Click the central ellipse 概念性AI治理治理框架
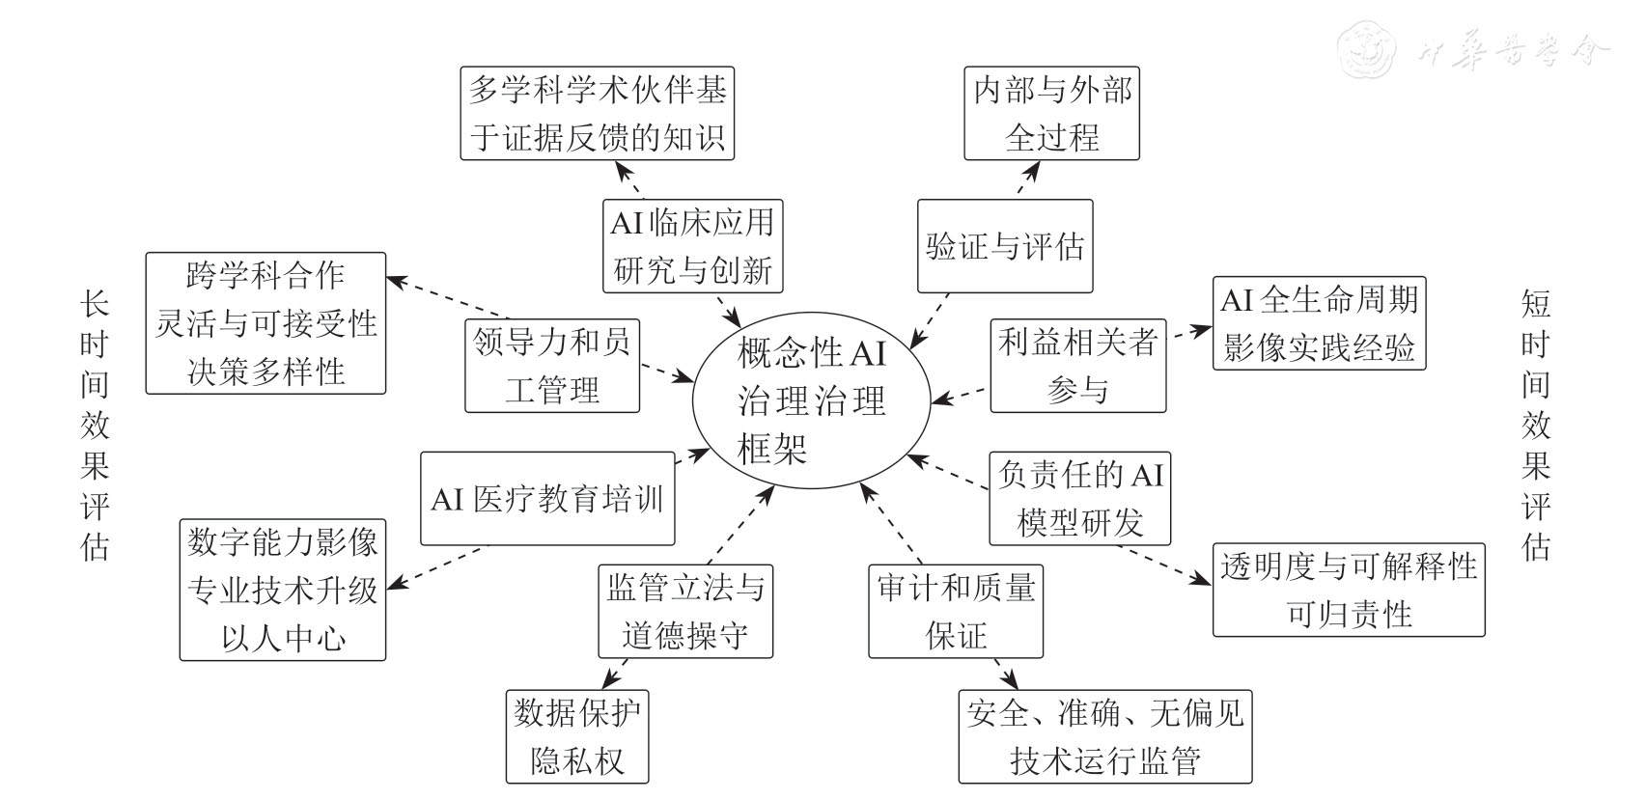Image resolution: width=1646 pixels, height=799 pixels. [811, 400]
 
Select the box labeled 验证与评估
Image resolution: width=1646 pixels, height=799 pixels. [1004, 246]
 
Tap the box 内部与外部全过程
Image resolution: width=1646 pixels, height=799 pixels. [1051, 114]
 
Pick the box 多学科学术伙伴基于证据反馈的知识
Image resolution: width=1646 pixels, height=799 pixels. [597, 114]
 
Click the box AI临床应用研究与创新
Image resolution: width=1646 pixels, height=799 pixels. [692, 246]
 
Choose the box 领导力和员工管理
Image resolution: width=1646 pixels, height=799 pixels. [552, 366]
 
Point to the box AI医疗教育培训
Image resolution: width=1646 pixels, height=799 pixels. [547, 498]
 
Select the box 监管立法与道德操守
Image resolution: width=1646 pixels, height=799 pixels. [684, 611]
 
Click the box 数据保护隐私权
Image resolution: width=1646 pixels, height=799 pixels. [576, 736]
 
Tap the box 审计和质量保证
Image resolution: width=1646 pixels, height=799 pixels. [956, 611]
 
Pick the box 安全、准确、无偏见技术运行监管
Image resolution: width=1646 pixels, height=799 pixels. [1104, 736]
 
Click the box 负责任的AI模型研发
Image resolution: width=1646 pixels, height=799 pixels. [1079, 498]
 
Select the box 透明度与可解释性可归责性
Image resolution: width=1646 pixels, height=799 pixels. [1348, 590]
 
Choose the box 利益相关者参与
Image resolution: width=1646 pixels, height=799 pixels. [1077, 366]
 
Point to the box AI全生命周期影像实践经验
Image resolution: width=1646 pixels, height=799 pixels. [1319, 323]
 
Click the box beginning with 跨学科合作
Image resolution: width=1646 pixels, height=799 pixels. [265, 323]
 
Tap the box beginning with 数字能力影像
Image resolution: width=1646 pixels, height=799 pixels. [282, 590]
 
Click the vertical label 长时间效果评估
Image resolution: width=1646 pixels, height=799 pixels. [95, 426]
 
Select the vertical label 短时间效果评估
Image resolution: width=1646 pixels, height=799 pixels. [1535, 426]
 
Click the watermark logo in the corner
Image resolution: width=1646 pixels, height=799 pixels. [1367, 48]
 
